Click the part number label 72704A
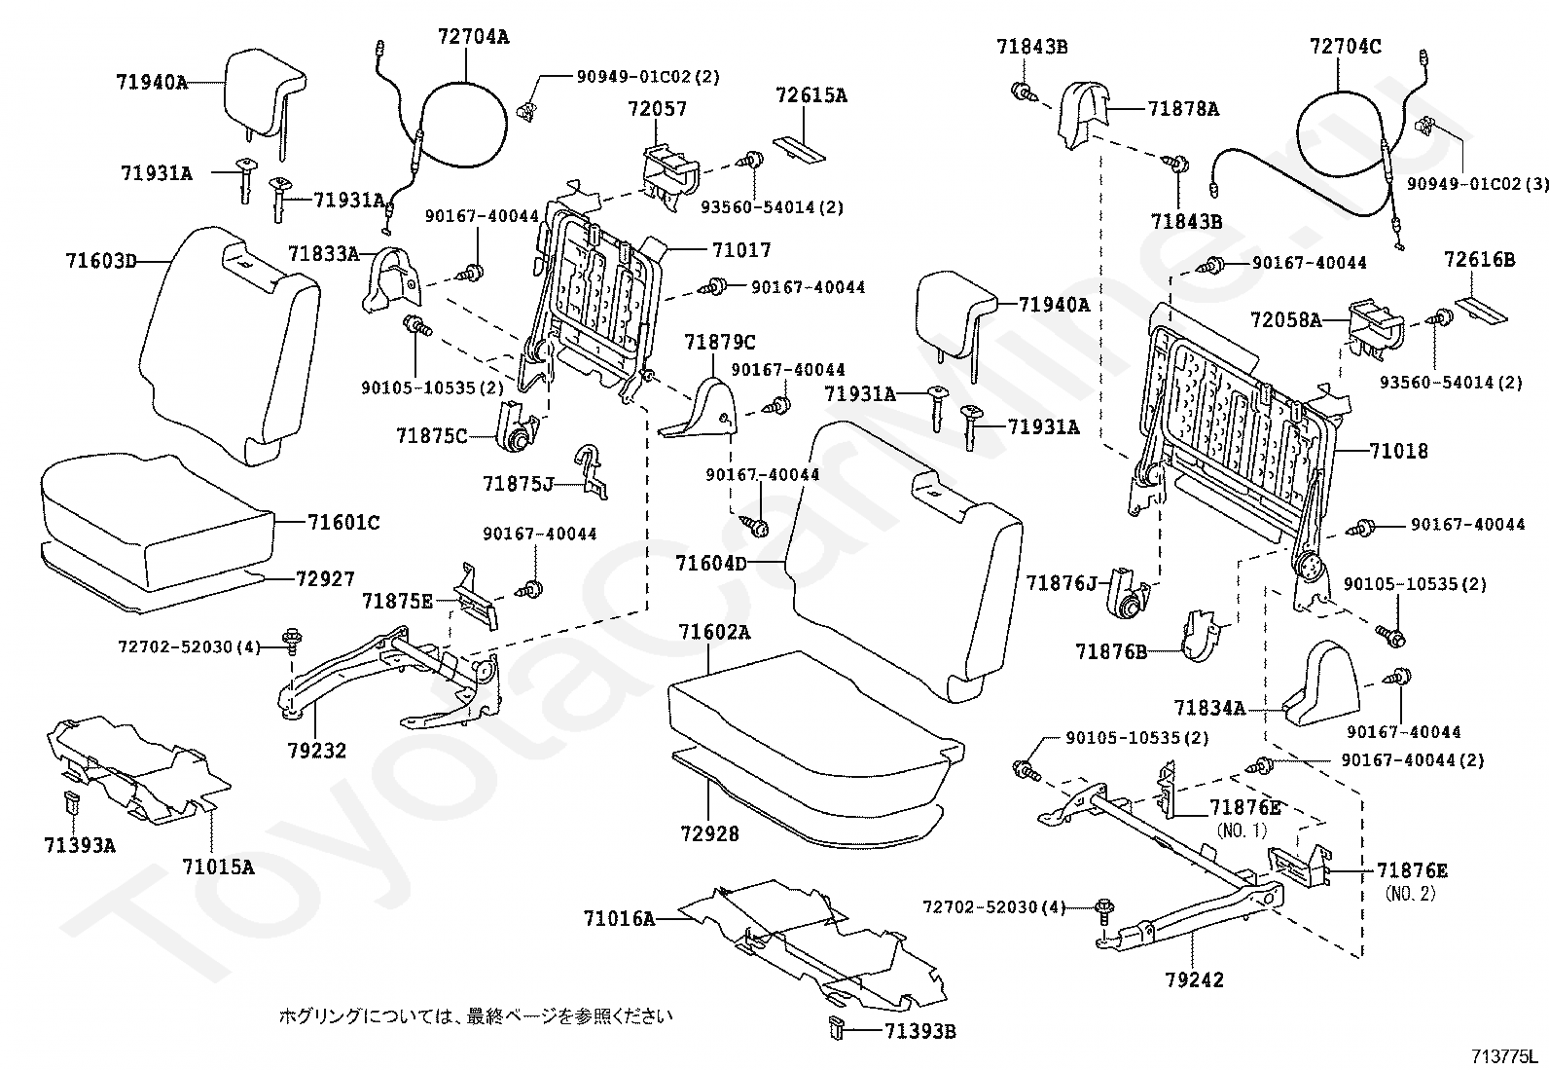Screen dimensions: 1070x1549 (473, 37)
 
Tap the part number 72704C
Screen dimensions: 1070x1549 (1345, 45)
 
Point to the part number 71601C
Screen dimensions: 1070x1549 (343, 523)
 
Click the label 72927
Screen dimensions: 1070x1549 (325, 578)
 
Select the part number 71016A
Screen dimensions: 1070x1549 (619, 917)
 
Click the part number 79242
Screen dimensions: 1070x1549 (1194, 979)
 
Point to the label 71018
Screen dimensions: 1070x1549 (1398, 451)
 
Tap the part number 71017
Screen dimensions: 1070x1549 (740, 250)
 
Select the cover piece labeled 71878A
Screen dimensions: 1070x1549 (1083, 115)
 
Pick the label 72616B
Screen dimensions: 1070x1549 (1479, 260)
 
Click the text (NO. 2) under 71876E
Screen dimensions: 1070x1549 (1410, 893)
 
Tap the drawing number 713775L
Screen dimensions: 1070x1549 (1504, 1056)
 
